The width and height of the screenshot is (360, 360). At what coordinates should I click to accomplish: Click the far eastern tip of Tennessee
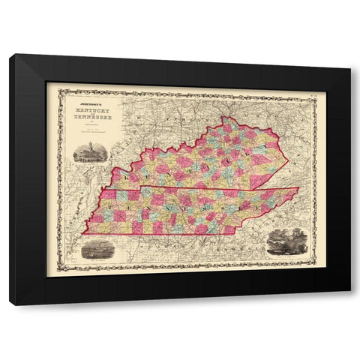298,187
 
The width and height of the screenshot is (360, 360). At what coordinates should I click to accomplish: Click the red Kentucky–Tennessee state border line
195,187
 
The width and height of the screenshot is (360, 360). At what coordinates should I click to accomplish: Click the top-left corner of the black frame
10,54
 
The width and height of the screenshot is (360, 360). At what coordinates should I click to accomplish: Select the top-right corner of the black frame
349,67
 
